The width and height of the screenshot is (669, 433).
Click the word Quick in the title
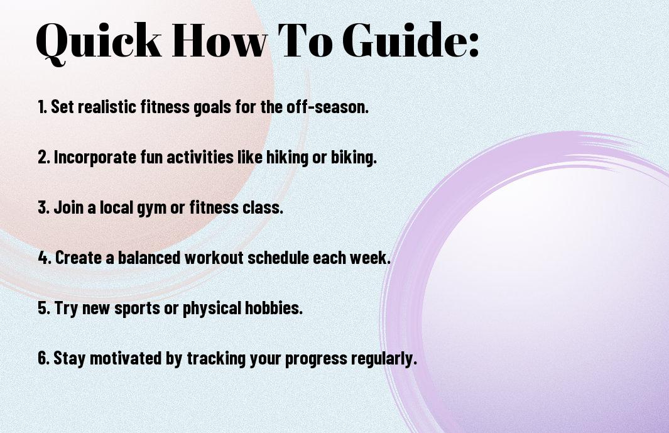click(99, 41)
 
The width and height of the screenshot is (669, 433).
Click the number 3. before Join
click(44, 207)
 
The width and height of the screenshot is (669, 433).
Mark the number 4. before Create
click(45, 258)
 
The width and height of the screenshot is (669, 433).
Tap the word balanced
click(149, 258)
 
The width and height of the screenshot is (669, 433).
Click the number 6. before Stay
click(44, 358)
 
